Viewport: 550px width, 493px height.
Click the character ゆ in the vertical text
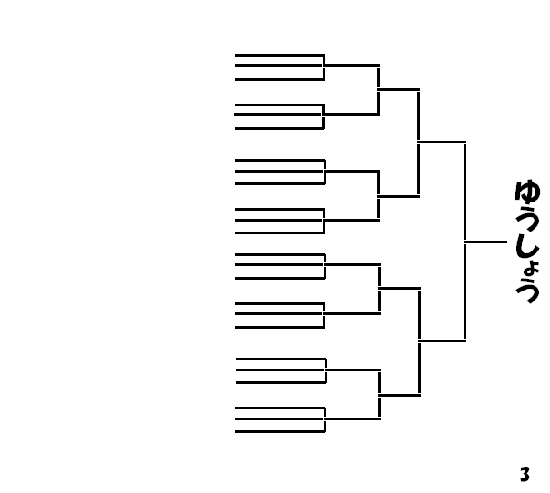click(x=527, y=192)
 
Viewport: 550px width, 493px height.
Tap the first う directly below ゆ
click(x=527, y=218)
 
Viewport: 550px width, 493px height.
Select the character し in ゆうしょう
click(x=527, y=244)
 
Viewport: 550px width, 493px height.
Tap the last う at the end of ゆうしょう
click(x=527, y=291)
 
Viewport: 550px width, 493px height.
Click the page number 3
click(x=525, y=474)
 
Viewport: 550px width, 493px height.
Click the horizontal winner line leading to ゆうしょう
click(x=485, y=242)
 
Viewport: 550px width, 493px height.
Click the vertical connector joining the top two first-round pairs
click(x=378, y=90)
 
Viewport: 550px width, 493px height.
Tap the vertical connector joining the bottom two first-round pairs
click(x=379, y=394)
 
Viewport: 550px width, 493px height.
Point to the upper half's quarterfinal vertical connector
click(x=418, y=142)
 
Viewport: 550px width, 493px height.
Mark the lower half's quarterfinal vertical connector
click(x=419, y=341)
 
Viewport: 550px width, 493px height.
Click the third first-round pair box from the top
click(x=278, y=171)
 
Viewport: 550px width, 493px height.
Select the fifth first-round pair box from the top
click(x=278, y=265)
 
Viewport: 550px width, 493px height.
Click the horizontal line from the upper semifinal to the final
click(x=442, y=142)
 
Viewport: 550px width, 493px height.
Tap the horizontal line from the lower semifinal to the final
click(x=442, y=341)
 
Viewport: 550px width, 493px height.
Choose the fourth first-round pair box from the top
click(x=278, y=221)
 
